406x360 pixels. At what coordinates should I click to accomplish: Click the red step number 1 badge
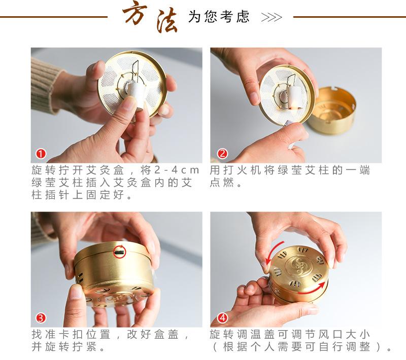(41, 154)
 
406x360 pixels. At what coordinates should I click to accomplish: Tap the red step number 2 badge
(222, 154)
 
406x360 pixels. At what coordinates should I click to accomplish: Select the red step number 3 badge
(41, 318)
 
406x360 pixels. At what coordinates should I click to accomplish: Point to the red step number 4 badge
(222, 317)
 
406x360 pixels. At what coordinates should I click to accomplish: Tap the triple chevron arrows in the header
(272, 17)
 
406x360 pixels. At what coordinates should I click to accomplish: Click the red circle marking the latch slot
(120, 251)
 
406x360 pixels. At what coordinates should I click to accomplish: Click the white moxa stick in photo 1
(136, 95)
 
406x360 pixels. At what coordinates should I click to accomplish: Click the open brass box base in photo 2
(332, 111)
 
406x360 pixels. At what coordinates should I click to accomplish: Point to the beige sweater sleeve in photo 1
(45, 83)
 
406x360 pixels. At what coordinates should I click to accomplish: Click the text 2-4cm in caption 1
(177, 170)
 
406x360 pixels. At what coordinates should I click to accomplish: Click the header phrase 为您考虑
(219, 17)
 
